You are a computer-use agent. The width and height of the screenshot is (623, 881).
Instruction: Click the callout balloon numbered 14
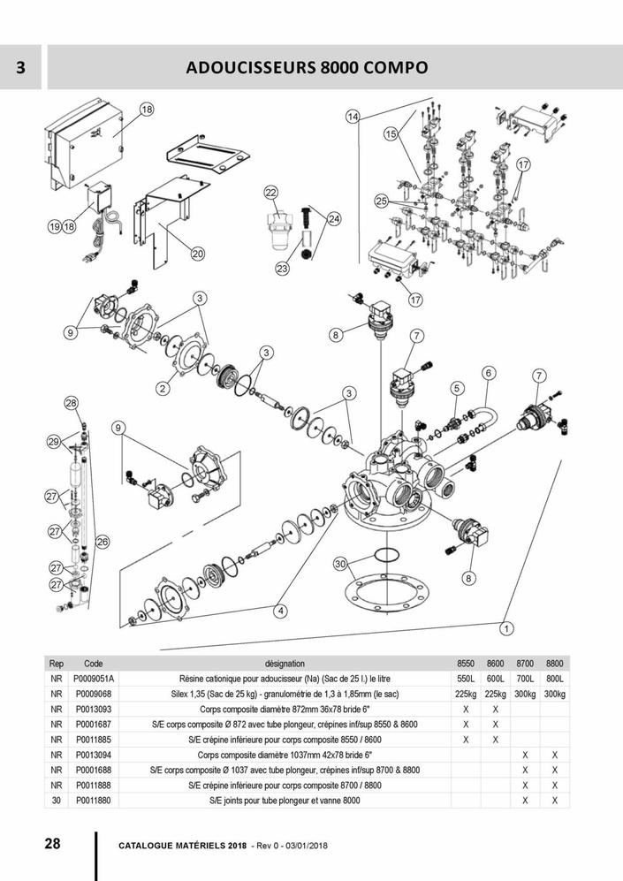pyautogui.click(x=353, y=118)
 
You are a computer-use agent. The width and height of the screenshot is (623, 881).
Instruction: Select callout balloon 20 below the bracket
pyautogui.click(x=197, y=254)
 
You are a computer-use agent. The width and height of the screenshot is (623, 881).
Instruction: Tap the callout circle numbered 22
pyautogui.click(x=271, y=193)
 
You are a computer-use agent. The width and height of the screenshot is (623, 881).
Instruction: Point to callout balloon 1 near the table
pyautogui.click(x=506, y=629)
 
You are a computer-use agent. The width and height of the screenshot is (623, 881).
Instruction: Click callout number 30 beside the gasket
pyautogui.click(x=340, y=564)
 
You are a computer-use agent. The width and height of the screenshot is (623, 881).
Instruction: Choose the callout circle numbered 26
pyautogui.click(x=103, y=542)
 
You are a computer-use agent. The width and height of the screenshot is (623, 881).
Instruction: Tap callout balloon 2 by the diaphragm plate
pyautogui.click(x=163, y=387)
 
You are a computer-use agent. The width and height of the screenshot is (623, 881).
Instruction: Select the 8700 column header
pyautogui.click(x=525, y=663)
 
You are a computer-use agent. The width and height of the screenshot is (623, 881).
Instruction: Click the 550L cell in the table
pyautogui.click(x=466, y=679)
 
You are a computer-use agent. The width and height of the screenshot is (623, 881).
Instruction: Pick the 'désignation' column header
pyautogui.click(x=285, y=663)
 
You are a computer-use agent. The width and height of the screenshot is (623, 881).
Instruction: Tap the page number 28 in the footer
pyautogui.click(x=52, y=842)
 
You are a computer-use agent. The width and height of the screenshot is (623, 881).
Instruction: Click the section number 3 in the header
pyautogui.click(x=20, y=67)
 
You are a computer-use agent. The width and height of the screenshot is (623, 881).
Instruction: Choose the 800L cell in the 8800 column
pyautogui.click(x=554, y=679)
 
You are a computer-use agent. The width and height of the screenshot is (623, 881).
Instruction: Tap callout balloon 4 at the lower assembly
pyautogui.click(x=280, y=611)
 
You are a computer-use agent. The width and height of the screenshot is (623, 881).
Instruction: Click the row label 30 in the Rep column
pyautogui.click(x=57, y=801)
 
